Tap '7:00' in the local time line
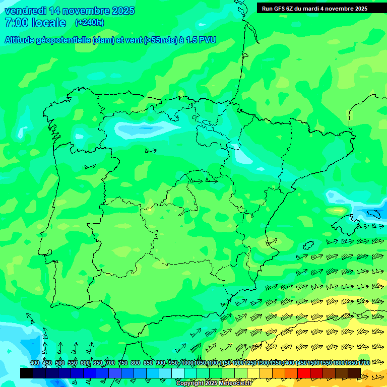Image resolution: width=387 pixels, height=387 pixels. pyautogui.click(x=15, y=23)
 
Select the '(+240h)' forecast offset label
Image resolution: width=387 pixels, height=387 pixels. pyautogui.click(x=89, y=23)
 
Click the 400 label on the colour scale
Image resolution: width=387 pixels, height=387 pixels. pyautogui.click(x=35, y=363)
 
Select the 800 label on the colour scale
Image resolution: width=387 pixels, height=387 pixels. pyautogui.click(x=135, y=363)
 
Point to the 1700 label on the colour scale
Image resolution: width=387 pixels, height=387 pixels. pyautogui.click(x=363, y=363)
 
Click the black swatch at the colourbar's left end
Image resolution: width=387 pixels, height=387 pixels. pyautogui.click(x=27, y=373)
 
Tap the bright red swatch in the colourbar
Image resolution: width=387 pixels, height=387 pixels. pyautogui.click(x=304, y=373)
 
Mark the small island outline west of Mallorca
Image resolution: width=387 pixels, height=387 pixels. pyautogui.click(x=308, y=245)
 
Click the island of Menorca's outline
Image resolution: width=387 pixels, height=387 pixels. pyautogui.click(x=374, y=214)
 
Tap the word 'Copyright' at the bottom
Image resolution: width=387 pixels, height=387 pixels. pyautogui.click(x=190, y=383)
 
